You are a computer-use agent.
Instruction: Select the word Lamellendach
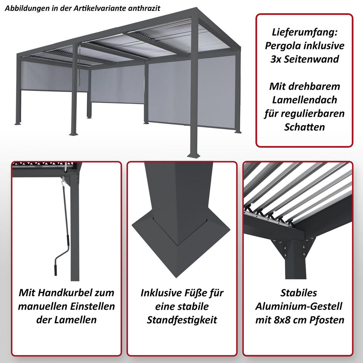tap(305, 100)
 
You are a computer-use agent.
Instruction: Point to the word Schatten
tap(305, 127)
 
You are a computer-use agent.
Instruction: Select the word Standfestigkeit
tap(182, 320)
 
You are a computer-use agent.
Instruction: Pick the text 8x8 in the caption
tap(284, 320)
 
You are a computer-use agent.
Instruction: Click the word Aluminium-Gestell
tap(299, 306)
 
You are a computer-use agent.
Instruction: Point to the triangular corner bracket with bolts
tap(292, 248)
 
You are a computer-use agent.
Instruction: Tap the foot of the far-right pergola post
tap(237, 132)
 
